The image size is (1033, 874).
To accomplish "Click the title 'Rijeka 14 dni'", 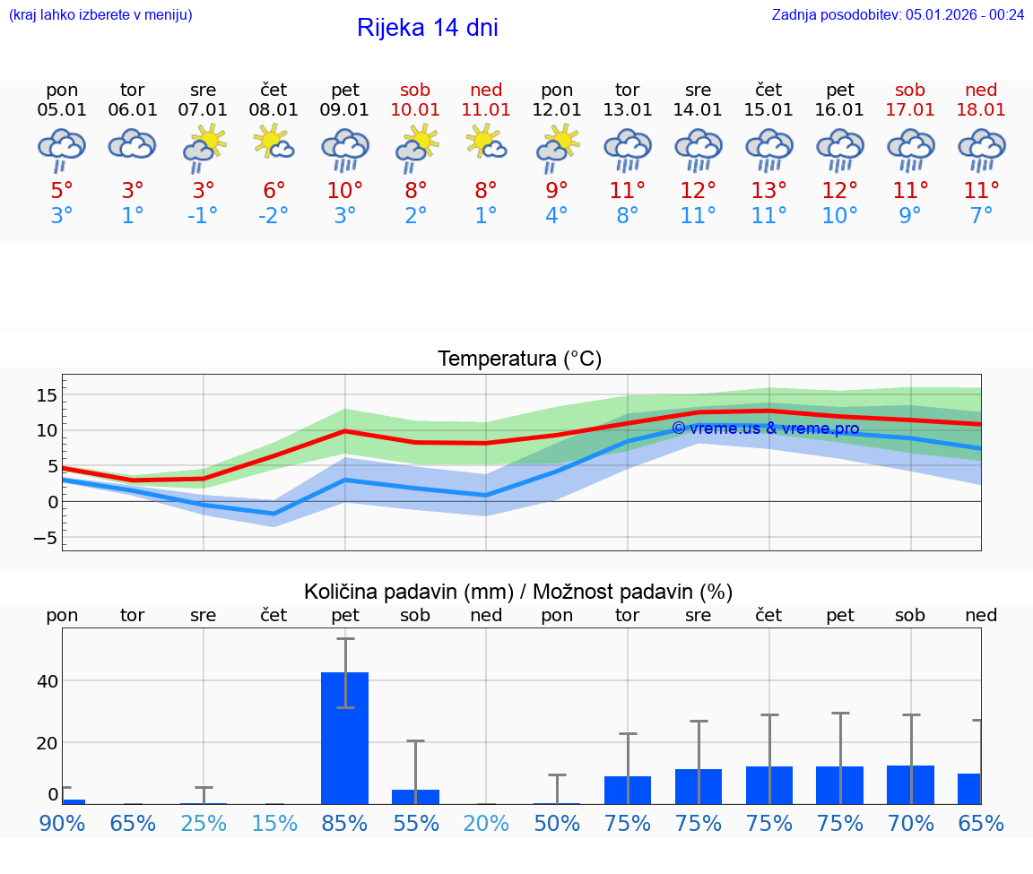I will point(427,28).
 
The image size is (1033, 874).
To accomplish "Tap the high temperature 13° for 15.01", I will point(768,191).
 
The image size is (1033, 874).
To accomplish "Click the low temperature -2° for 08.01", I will point(273,216).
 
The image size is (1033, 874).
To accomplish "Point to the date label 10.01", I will point(415,110).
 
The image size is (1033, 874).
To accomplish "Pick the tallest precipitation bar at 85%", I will point(344,737).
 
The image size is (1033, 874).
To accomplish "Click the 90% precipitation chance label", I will point(62,823).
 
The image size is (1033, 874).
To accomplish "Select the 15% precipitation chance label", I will point(273,823).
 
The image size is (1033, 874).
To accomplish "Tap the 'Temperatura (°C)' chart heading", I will point(519,359).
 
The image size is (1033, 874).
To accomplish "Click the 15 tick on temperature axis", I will point(47,395).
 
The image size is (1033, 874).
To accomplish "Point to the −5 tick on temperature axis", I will point(42,538).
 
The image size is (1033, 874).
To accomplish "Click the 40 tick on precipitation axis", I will point(47,681).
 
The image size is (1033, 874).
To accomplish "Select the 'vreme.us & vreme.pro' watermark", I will point(765,428).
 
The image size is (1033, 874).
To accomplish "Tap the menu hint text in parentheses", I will point(100,14).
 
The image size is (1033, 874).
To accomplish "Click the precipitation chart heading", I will point(518,592).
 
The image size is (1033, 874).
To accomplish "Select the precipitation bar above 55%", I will point(415,796).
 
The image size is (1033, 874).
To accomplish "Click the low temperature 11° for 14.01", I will point(698,216).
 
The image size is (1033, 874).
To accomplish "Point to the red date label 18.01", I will point(981,110).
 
